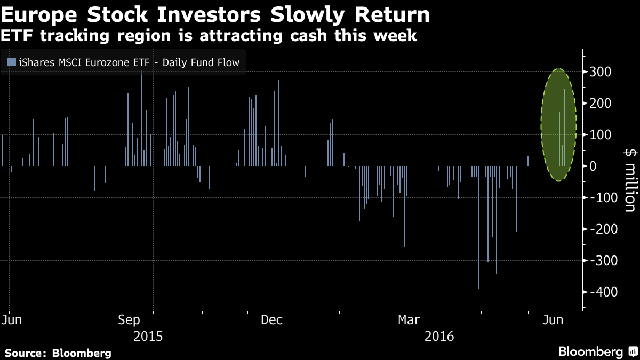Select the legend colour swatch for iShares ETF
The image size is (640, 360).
click(x=11, y=62)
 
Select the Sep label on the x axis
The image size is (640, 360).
click(x=129, y=320)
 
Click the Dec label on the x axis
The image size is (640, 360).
click(x=271, y=320)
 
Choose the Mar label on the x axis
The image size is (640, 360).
click(x=409, y=320)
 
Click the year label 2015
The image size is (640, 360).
click(x=148, y=336)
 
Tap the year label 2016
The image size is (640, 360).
click(x=439, y=336)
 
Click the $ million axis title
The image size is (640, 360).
click(x=629, y=180)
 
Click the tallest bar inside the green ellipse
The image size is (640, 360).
click(x=564, y=128)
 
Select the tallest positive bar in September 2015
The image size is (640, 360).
click(x=141, y=117)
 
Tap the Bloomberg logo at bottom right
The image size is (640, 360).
click(x=597, y=351)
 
